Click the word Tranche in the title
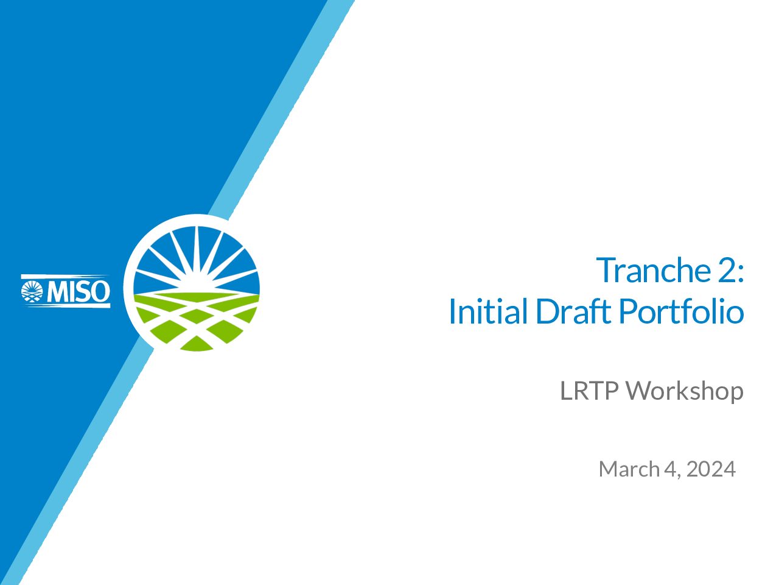coord(654,271)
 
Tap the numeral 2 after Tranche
coord(726,271)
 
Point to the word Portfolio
coord(682,311)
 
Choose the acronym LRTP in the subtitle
coord(590,391)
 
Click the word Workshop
coord(685,391)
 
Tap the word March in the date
coord(629,469)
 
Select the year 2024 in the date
coord(711,469)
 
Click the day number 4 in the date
coord(669,469)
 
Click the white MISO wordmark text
coord(78,291)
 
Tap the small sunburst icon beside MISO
coord(32,291)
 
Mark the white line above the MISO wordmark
coord(66,276)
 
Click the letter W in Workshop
coord(637,391)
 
